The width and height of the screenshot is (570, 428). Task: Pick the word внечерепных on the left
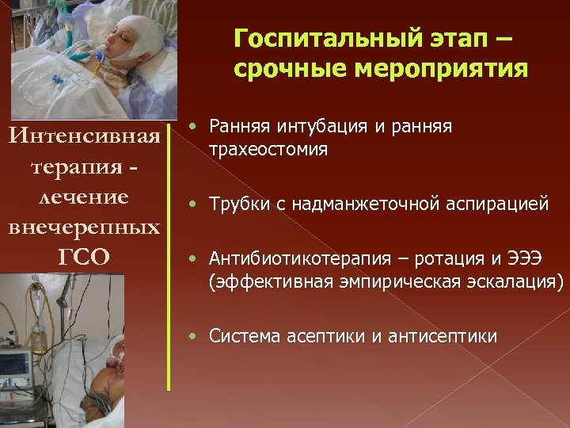click(x=84, y=227)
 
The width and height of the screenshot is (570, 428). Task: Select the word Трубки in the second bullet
click(x=238, y=204)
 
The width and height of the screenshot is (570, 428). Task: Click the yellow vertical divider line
click(x=169, y=254)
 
